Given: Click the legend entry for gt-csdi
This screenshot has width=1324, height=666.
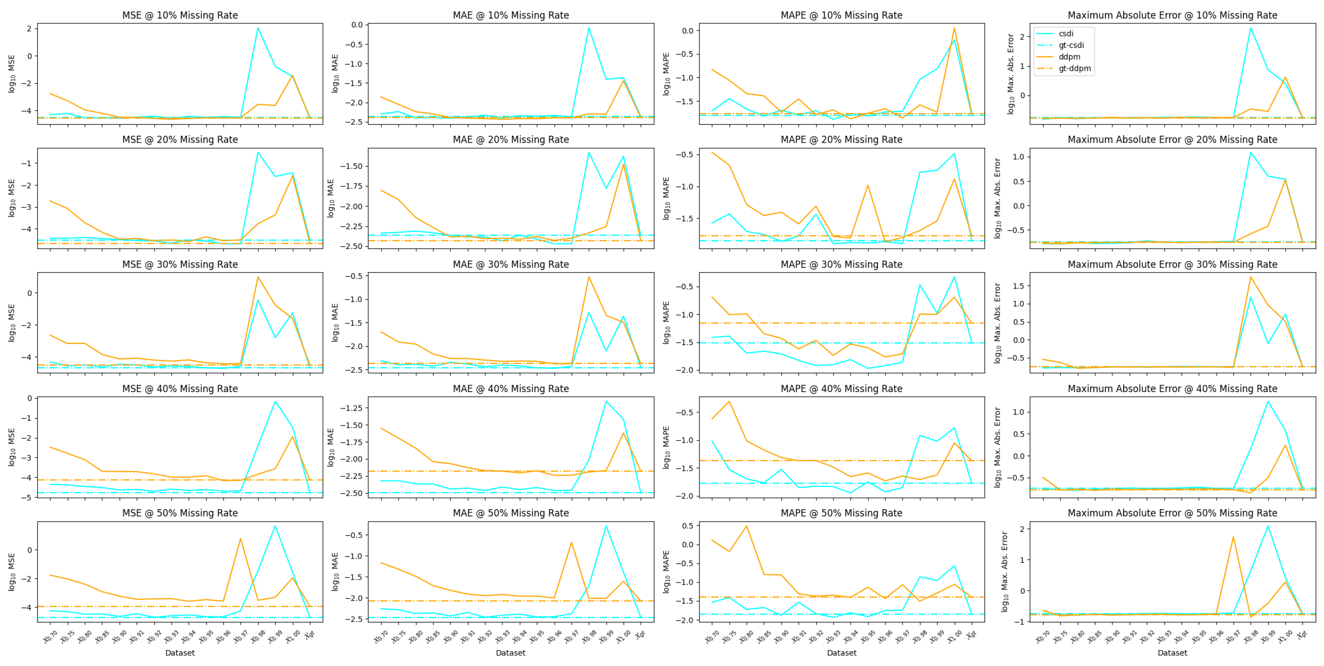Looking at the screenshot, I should [x=1071, y=45].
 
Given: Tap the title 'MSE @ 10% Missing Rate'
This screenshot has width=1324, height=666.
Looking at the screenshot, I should [x=180, y=15].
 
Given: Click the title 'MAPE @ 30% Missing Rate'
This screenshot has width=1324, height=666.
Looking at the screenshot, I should [x=841, y=264].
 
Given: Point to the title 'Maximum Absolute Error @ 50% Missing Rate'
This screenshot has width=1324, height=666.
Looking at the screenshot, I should [x=1172, y=513].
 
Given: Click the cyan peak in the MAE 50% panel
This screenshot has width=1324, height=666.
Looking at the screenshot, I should [x=606, y=526].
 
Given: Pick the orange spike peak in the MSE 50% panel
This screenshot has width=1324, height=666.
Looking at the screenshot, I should [x=240, y=538].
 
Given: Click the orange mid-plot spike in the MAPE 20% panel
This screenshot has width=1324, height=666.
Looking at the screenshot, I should [x=868, y=185].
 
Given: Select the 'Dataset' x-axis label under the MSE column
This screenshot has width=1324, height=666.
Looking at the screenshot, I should [x=180, y=653].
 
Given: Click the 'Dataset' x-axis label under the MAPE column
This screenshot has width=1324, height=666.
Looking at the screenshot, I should [x=841, y=653].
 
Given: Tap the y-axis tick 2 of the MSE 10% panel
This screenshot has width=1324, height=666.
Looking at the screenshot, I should [x=29, y=28].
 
